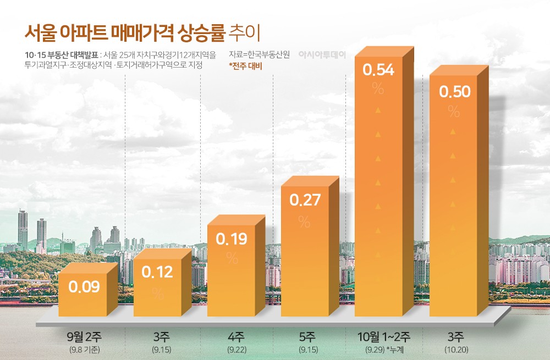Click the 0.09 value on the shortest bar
coord(84,286)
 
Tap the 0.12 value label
coord(157,272)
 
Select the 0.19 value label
coord(232,239)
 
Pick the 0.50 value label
coord(454,92)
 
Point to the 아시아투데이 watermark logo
coord(321,55)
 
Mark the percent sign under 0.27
coord(304,221)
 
